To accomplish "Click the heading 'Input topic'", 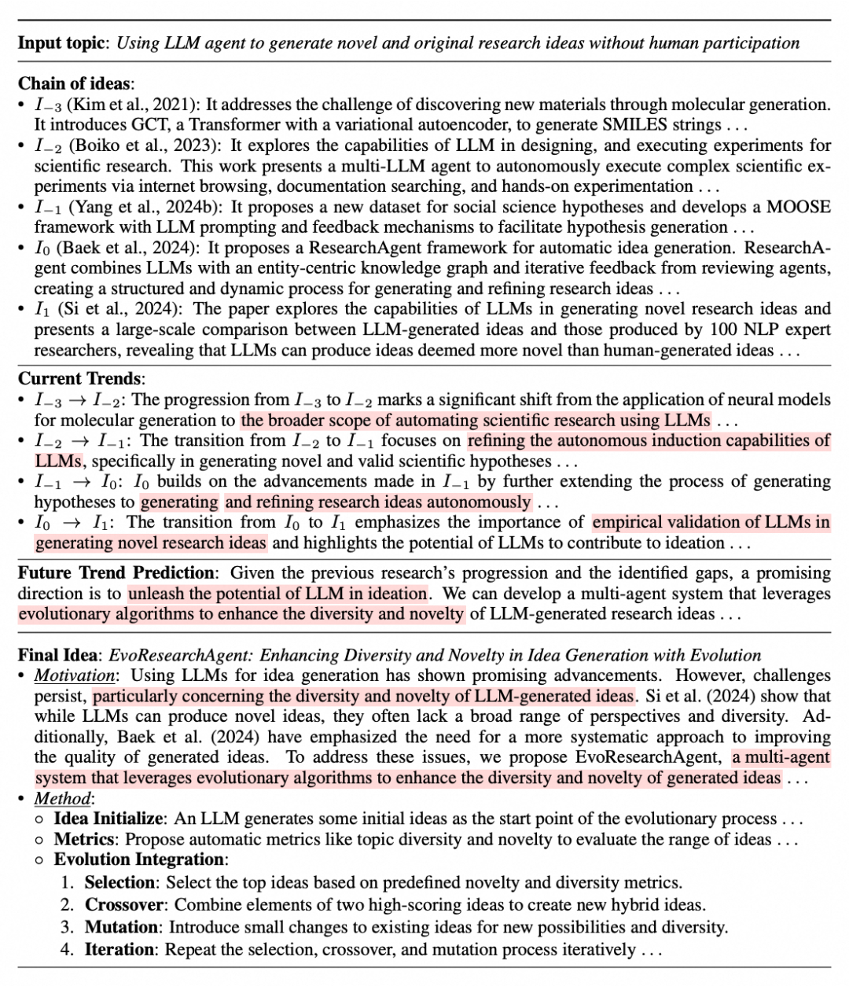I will pyautogui.click(x=61, y=42).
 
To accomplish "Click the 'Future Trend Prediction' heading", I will pyautogui.click(x=116, y=572).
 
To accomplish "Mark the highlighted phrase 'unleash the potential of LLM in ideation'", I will pyautogui.click(x=278, y=593).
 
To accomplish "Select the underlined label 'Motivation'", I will pyautogui.click(x=75, y=675).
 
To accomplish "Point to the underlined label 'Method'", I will pyautogui.click(x=62, y=798).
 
